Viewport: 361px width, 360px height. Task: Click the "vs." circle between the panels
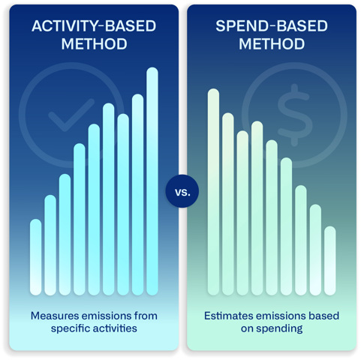(182, 191)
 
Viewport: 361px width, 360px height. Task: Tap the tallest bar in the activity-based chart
(152, 181)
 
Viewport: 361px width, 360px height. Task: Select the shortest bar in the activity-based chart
(35, 257)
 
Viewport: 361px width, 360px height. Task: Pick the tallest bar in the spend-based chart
(213, 192)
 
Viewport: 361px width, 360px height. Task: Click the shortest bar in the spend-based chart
(330, 261)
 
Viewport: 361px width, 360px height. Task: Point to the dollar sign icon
(294, 115)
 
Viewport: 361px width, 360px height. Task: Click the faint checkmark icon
(71, 115)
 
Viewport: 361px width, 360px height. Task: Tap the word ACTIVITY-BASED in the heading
(94, 26)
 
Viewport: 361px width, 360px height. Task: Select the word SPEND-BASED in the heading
(272, 26)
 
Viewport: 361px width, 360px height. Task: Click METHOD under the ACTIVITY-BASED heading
(95, 44)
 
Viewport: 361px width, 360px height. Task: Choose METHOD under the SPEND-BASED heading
(272, 44)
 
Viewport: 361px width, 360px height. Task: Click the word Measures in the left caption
(56, 316)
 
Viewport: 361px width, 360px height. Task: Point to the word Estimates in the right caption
(228, 316)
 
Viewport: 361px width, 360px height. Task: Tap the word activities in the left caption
(116, 328)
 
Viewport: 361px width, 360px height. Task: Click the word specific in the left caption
(71, 328)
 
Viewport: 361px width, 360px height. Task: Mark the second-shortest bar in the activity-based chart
(50, 245)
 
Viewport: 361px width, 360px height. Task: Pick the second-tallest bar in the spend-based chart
(228, 204)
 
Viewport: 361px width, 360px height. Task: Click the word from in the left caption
(146, 316)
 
